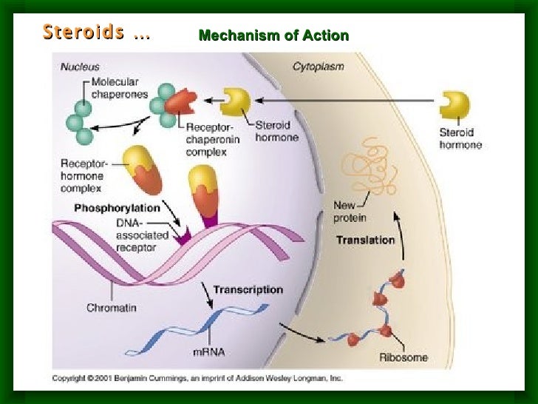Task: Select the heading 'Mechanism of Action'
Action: pyautogui.click(x=273, y=36)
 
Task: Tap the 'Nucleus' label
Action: pyautogui.click(x=80, y=67)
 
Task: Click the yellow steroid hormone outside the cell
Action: pyautogui.click(x=453, y=105)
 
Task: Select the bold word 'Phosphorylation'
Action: pyautogui.click(x=117, y=208)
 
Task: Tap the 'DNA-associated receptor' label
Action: pyautogui.click(x=142, y=235)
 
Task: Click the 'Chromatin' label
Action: pyautogui.click(x=110, y=306)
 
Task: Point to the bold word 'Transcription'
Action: pyautogui.click(x=248, y=289)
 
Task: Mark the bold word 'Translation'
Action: pyautogui.click(x=365, y=240)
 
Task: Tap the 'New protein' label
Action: pyautogui.click(x=350, y=211)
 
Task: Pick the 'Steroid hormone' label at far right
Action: pyautogui.click(x=460, y=138)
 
